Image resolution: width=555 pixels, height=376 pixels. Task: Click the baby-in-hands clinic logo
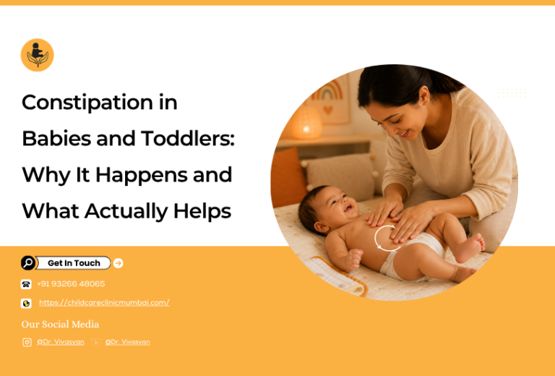(37, 55)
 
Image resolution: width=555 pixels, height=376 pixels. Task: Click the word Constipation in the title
(87, 103)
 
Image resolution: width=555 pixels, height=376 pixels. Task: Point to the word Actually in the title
(126, 211)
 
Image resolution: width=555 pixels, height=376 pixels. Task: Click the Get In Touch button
(73, 263)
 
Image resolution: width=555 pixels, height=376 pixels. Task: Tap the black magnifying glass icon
(28, 263)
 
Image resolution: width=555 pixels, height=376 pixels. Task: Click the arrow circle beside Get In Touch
(119, 263)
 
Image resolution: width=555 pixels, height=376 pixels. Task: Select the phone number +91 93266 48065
(71, 284)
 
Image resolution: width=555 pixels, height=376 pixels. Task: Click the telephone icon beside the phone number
(26, 284)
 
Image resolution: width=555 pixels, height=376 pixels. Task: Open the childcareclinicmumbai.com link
(104, 303)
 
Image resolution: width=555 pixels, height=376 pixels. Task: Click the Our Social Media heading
(60, 325)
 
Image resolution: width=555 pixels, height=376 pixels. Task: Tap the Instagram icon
(27, 342)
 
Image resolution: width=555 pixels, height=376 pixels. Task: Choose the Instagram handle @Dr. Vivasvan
(61, 342)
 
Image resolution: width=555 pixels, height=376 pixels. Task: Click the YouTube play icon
(96, 342)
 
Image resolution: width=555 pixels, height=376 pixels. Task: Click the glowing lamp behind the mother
(306, 122)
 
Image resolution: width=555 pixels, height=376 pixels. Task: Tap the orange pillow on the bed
(288, 177)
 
